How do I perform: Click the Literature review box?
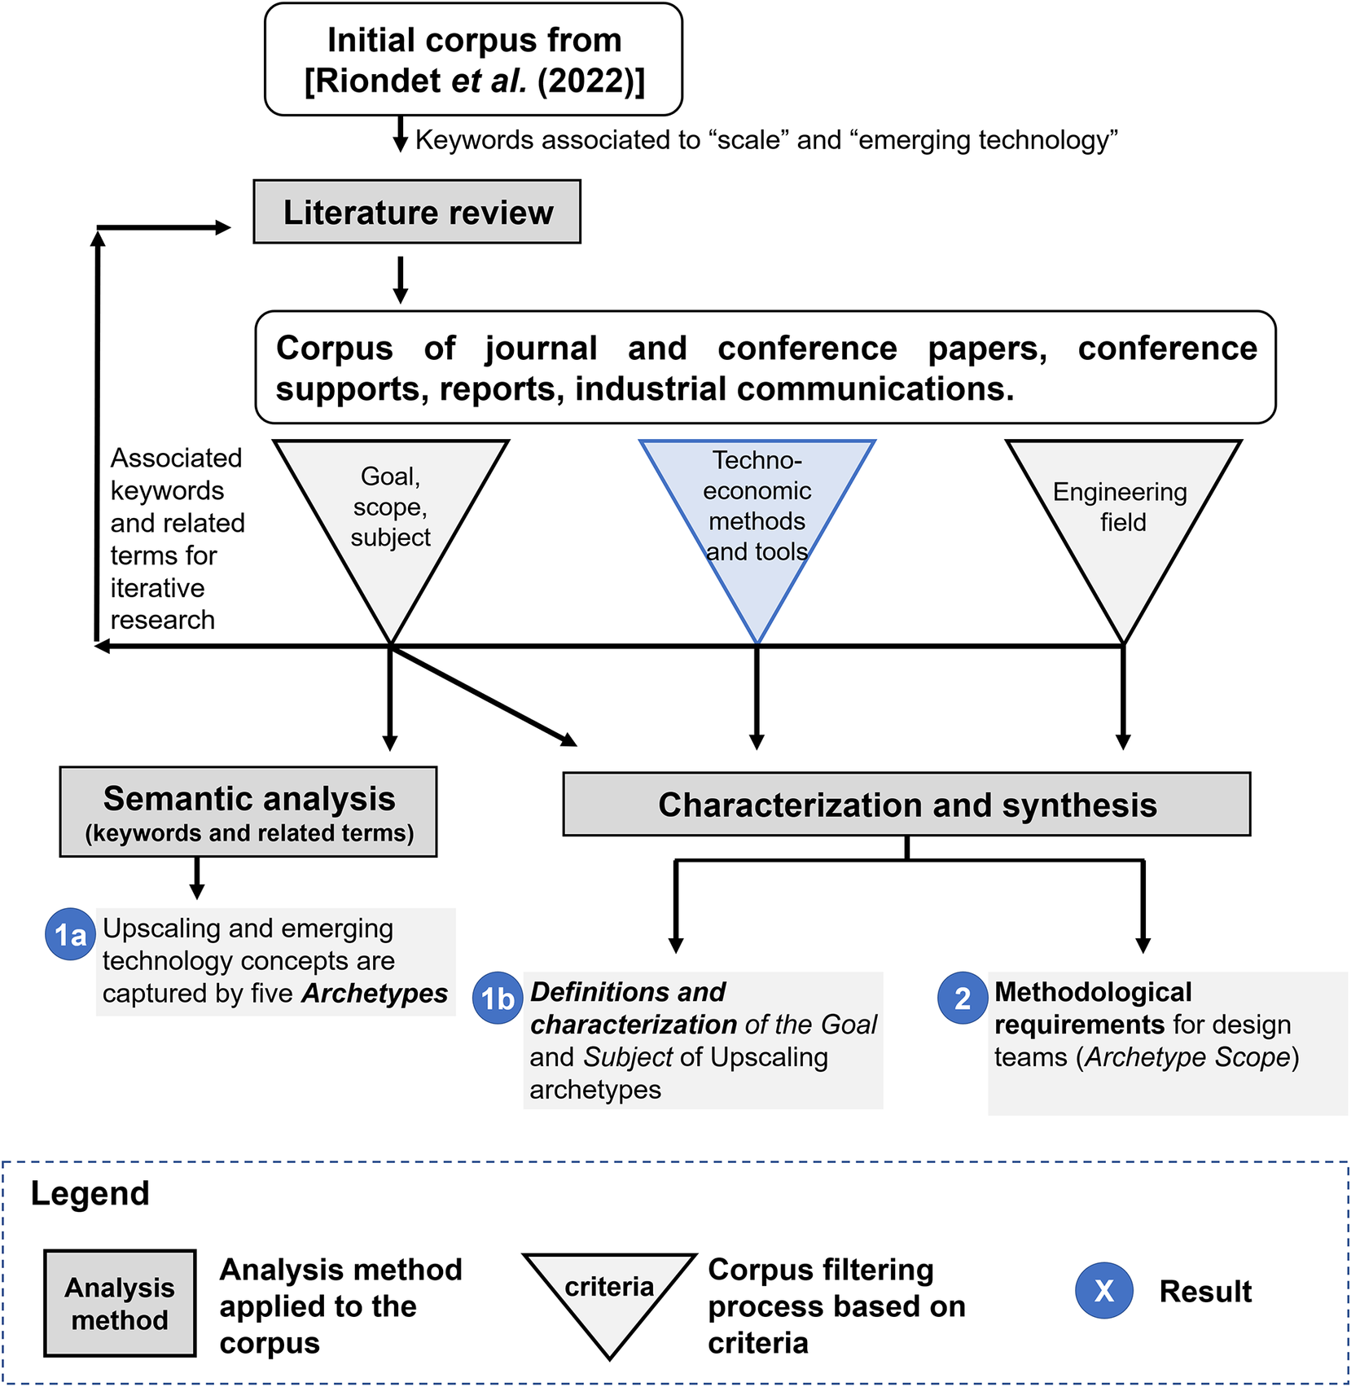[x=417, y=212]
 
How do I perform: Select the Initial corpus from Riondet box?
[x=473, y=59]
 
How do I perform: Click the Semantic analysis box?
[x=248, y=812]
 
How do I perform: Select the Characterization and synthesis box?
[x=906, y=805]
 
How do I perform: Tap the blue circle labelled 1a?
[x=71, y=934]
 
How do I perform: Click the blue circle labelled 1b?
[x=498, y=998]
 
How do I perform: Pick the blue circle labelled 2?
[x=963, y=998]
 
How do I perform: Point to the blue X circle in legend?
[x=1103, y=1290]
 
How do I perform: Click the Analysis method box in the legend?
[x=120, y=1303]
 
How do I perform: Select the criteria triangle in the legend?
[x=610, y=1295]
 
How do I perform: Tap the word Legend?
[x=90, y=1193]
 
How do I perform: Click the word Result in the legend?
[x=1205, y=1291]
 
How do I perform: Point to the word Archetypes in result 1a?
[x=375, y=994]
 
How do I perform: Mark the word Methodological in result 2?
[x=1093, y=992]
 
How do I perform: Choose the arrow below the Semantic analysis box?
[x=197, y=879]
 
